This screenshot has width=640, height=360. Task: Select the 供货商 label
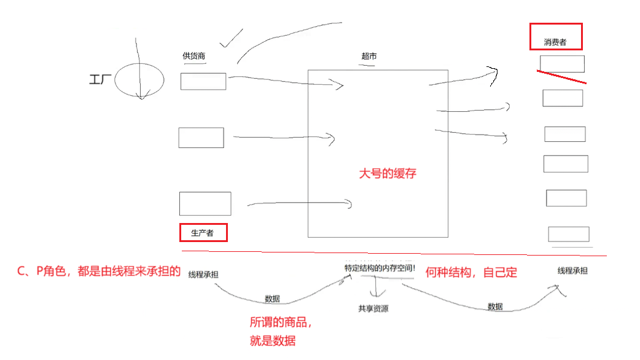point(193,57)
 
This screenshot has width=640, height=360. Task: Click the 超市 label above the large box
point(369,57)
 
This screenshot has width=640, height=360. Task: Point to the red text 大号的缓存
point(388,173)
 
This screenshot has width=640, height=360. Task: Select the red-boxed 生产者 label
point(203,233)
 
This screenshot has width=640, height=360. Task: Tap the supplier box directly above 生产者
point(205,203)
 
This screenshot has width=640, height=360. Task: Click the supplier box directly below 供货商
point(203,81)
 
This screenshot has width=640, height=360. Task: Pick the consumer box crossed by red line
point(562,64)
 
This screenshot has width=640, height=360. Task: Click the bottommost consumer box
point(569,234)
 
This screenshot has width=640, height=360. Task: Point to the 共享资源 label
point(373,308)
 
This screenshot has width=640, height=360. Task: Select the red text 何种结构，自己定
point(471,272)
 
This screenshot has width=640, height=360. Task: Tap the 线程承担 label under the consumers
point(572,270)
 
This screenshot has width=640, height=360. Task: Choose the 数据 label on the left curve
point(273,299)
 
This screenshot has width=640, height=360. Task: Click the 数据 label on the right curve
point(495,306)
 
